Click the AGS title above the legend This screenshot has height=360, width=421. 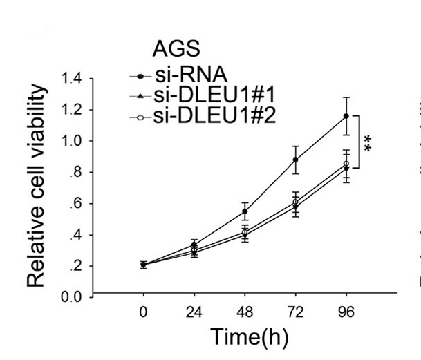[x=176, y=50]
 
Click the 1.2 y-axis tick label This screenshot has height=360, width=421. [x=72, y=109]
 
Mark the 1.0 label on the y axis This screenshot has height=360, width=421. [x=72, y=141]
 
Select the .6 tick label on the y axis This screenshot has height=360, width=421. [x=76, y=204]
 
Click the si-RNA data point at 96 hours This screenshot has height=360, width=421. [x=346, y=116]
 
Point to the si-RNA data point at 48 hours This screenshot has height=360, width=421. [x=245, y=211]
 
